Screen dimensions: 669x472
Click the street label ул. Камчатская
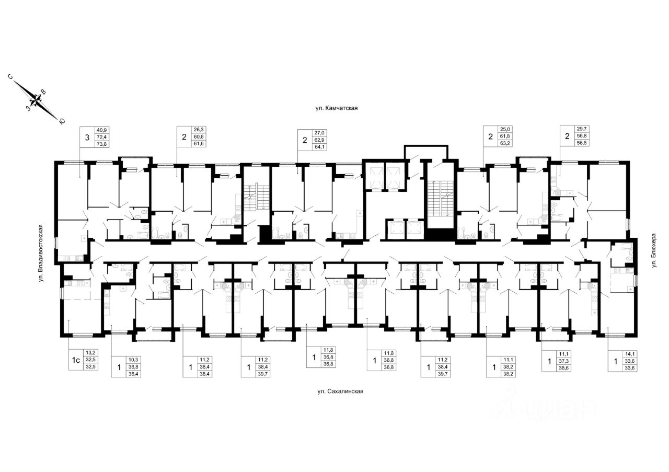(x=336, y=109)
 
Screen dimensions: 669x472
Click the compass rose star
(x=37, y=99)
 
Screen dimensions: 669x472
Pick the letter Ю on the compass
(x=62, y=121)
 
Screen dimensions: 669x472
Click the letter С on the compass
(x=10, y=77)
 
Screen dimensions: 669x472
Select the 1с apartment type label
(x=76, y=360)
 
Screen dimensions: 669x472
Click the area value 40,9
(x=101, y=130)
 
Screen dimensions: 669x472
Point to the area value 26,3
(x=199, y=130)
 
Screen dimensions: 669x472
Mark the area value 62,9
(x=319, y=140)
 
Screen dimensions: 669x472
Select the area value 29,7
(x=583, y=130)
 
